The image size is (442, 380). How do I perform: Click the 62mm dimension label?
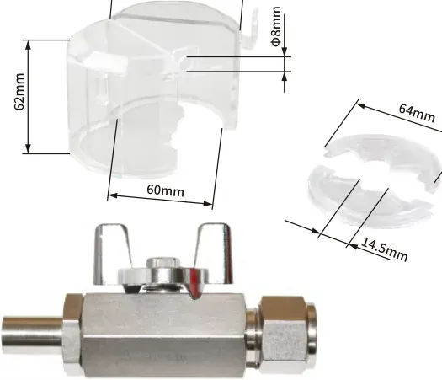19,92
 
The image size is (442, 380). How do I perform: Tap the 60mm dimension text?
166,190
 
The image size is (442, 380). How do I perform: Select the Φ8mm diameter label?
276,26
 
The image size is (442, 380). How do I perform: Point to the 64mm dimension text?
417,113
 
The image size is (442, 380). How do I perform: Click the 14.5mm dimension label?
385,249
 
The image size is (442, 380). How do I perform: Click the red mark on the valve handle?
194,282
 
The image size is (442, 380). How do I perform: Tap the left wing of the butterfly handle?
112,253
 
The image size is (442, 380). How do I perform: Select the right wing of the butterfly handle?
215,253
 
